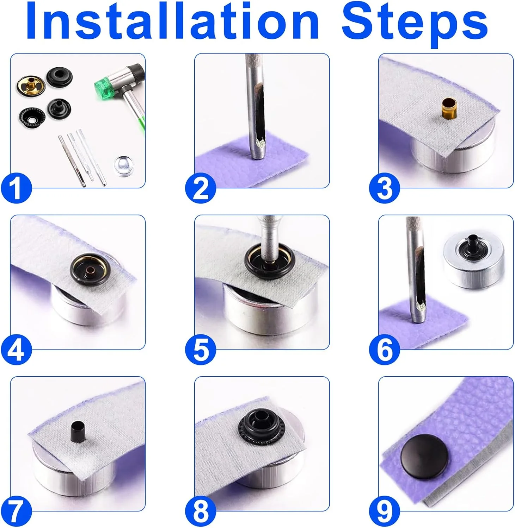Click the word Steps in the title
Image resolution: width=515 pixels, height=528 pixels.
(x=415, y=25)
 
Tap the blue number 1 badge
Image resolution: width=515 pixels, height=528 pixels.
(x=16, y=188)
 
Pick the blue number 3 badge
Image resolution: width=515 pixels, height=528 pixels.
(x=384, y=188)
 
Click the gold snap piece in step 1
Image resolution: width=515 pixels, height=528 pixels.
(x=30, y=86)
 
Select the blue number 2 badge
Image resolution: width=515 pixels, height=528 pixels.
(x=201, y=188)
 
